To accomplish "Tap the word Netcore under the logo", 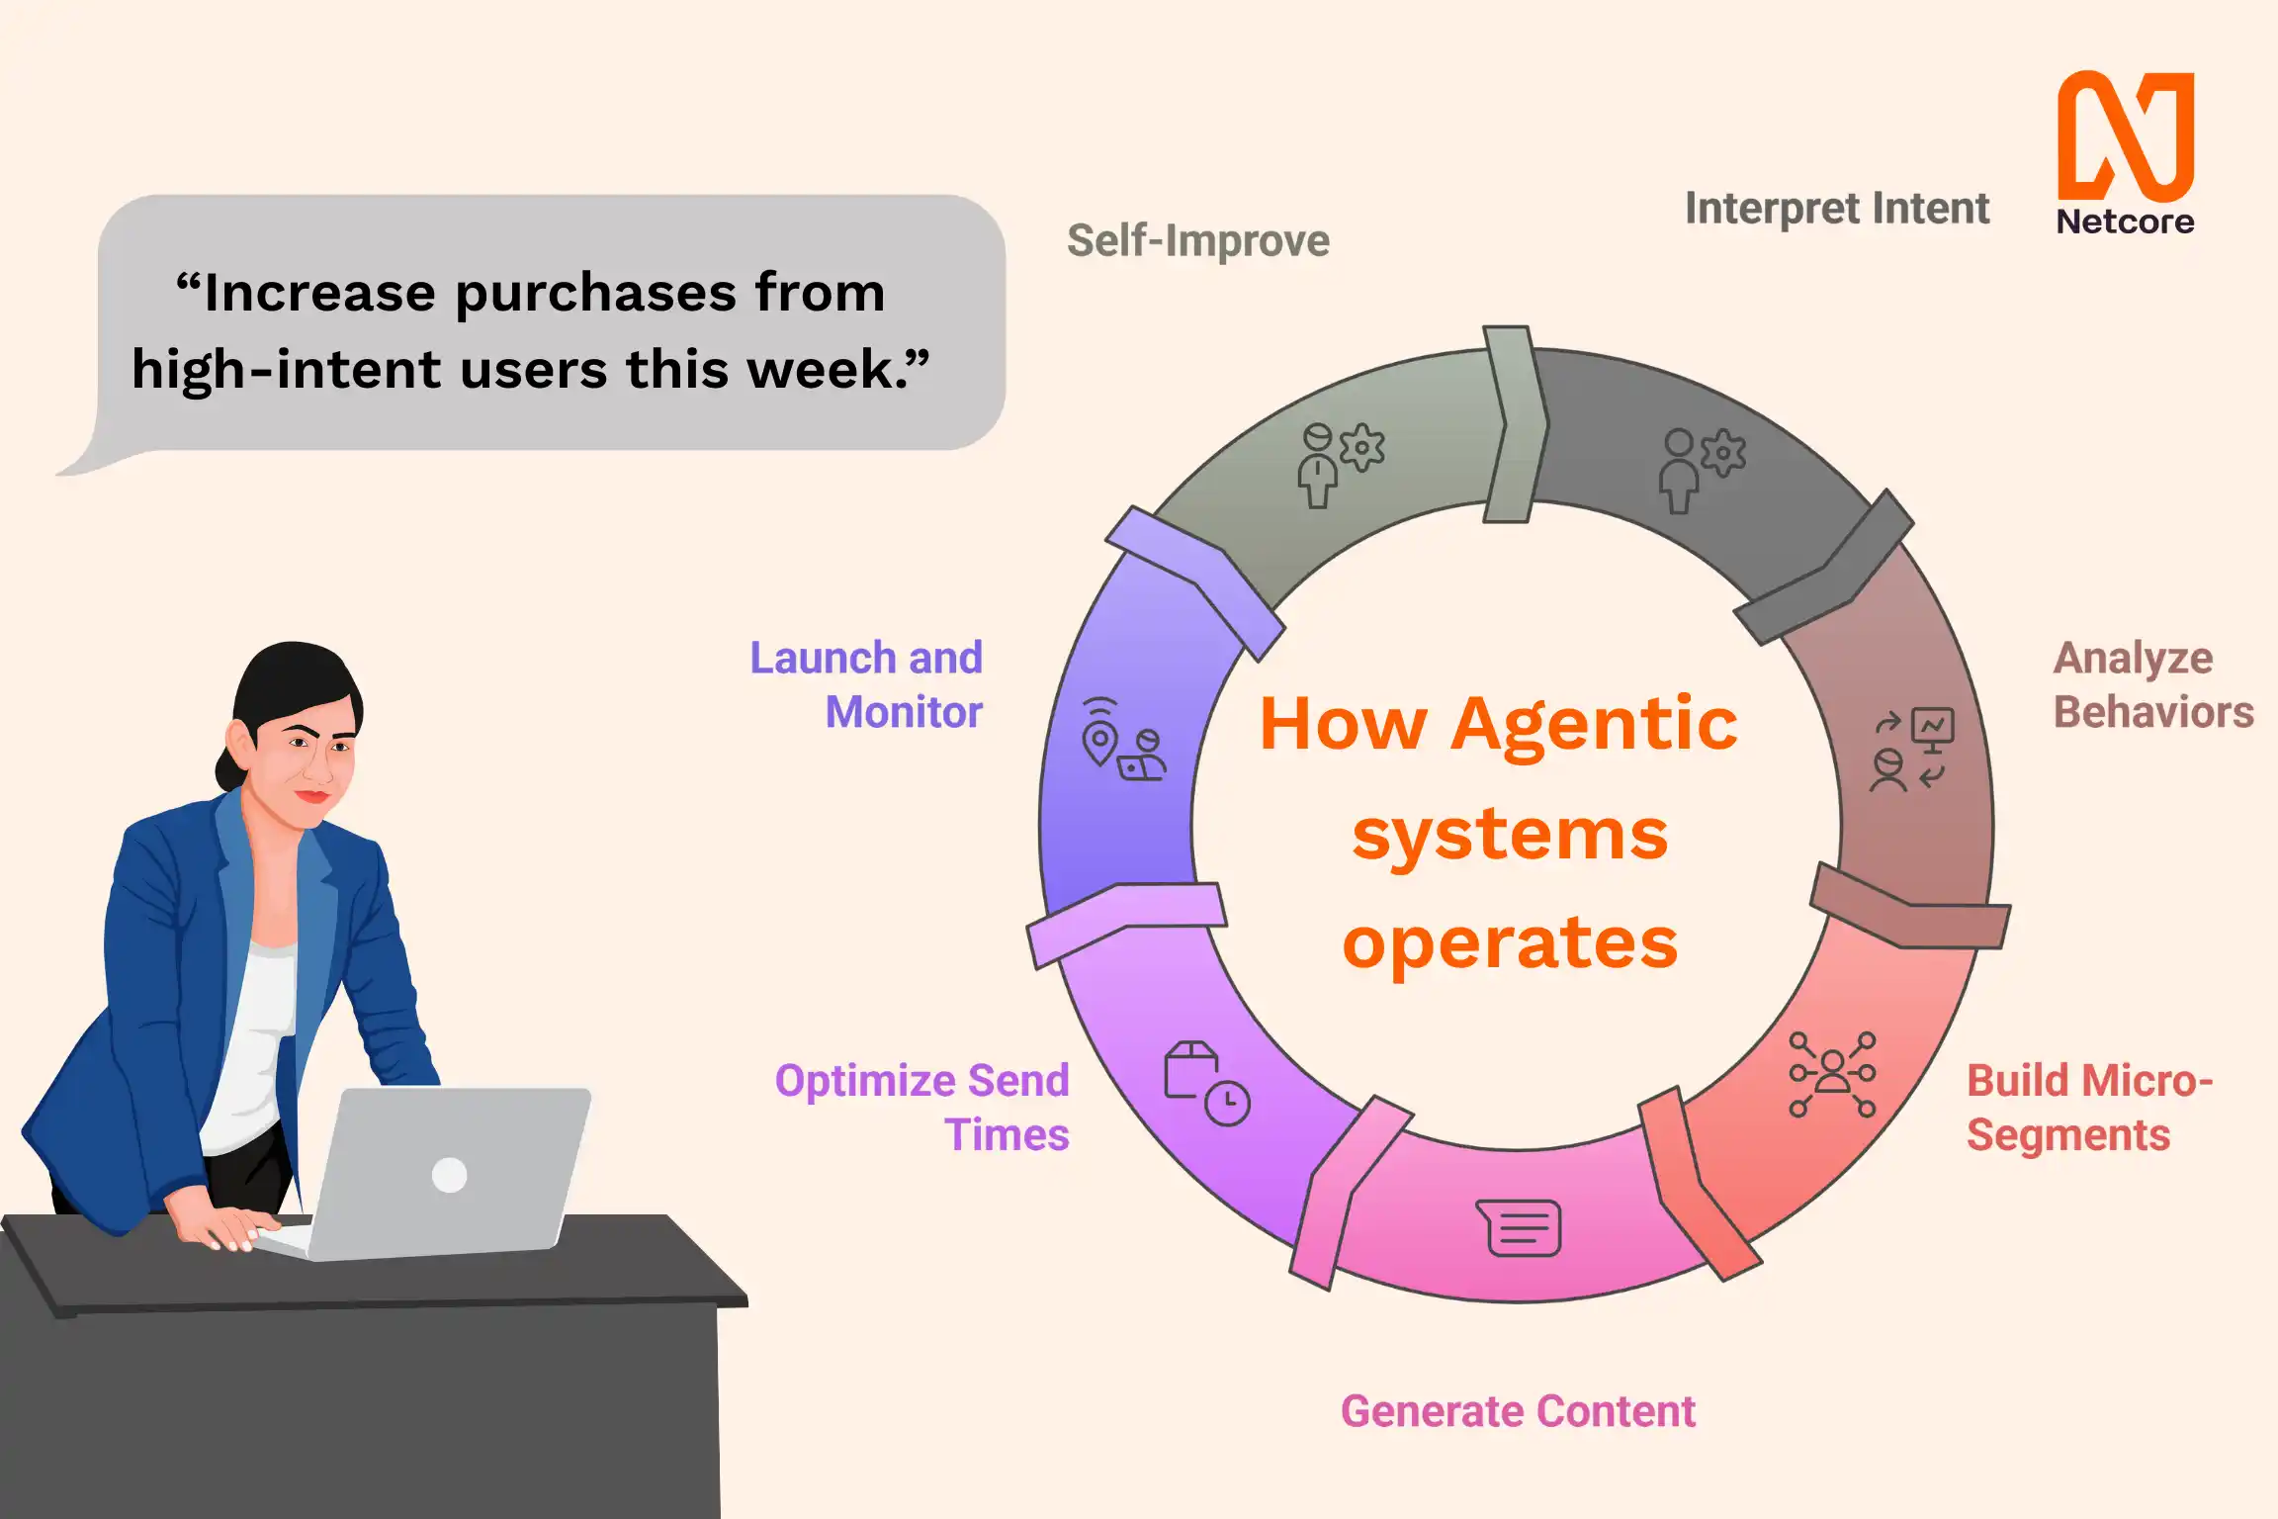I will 2125,222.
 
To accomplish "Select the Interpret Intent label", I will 1836,209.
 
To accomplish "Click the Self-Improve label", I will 1197,240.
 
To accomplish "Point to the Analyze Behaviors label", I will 2152,684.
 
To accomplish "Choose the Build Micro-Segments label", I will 2088,1108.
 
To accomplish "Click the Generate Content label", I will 1518,1411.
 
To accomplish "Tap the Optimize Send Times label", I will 921,1108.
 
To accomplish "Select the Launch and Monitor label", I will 866,684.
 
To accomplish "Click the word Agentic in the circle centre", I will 1594,724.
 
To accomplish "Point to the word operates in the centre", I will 1510,942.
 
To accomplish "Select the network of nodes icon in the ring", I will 1831,1074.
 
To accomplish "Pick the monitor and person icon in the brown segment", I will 1911,750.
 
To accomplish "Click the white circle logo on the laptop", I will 450,1175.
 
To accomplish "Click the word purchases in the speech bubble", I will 595,293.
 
